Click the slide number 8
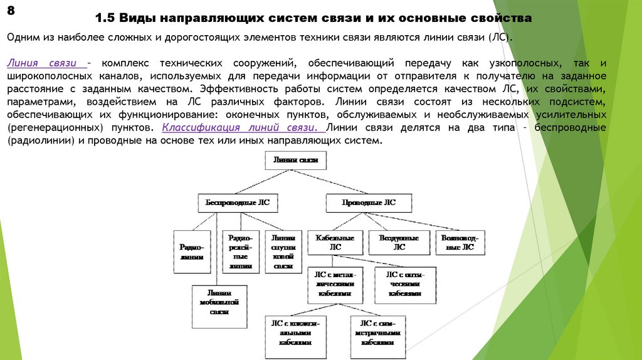pos(11,11)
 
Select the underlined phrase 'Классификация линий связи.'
pos(243,127)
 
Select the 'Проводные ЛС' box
pos(369,203)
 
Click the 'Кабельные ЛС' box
pos(335,243)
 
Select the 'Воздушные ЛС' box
pos(399,243)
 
